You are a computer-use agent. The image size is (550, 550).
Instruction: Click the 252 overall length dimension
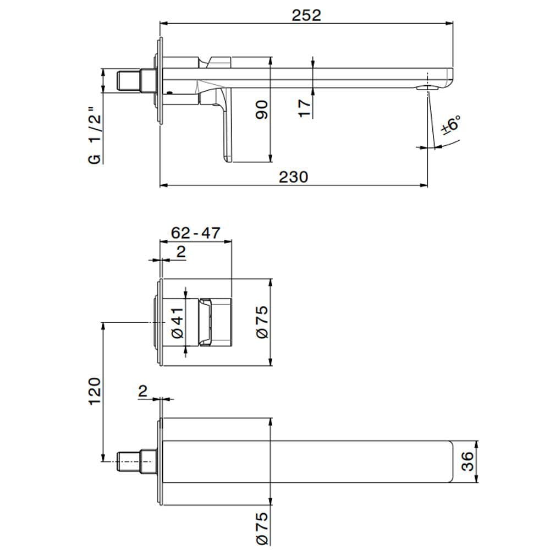coord(306,15)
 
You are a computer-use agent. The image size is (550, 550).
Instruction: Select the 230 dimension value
coord(292,177)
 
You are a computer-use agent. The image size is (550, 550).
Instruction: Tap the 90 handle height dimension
coord(262,109)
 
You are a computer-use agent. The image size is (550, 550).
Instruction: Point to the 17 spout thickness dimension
coord(304,106)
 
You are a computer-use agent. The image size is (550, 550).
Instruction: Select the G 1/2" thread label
coord(95,137)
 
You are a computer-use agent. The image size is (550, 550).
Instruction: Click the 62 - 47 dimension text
coord(195,233)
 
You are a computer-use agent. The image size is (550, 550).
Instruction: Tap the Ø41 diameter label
coord(177,325)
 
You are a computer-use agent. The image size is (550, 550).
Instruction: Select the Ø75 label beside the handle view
coord(262,322)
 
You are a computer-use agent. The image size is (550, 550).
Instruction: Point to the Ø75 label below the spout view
coord(262,526)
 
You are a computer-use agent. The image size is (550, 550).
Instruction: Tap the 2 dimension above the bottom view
coord(142,391)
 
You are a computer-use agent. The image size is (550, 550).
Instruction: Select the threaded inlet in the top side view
coord(130,80)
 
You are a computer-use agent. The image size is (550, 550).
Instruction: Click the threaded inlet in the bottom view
coord(130,461)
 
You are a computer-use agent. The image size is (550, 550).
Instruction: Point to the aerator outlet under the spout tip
coord(427,87)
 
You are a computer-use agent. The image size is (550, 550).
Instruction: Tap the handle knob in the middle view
coord(216,323)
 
